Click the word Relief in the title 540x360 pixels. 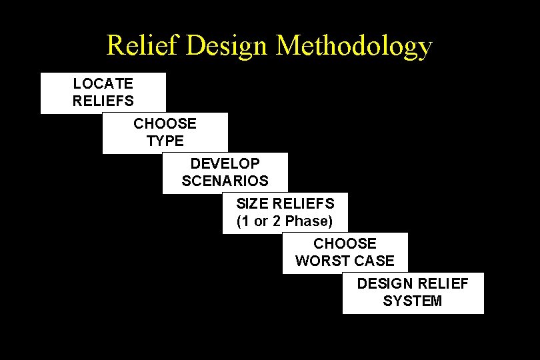[x=143, y=46]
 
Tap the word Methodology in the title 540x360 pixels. [x=354, y=46]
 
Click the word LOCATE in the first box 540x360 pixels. [x=103, y=84]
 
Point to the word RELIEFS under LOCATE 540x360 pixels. [x=103, y=101]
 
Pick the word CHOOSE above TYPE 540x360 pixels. [x=165, y=124]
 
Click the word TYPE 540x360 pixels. [x=165, y=141]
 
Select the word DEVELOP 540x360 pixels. [x=225, y=164]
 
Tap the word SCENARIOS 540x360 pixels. [x=225, y=181]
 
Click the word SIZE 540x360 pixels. [x=252, y=203]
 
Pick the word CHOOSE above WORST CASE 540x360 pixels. [x=345, y=244]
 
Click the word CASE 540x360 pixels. [x=375, y=261]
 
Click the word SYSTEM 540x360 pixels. [x=412, y=301]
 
